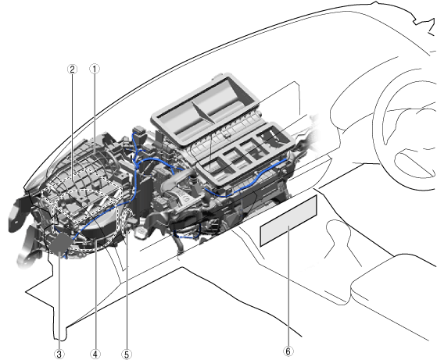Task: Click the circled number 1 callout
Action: pos(94,69)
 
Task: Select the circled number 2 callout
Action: pos(72,69)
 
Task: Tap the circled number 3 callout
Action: pos(59,355)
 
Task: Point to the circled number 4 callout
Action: pos(95,355)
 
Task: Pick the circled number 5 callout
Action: pos(127,355)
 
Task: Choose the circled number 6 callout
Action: pos(288,351)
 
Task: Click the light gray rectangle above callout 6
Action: pos(288,220)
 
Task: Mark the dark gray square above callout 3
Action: pos(61,243)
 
